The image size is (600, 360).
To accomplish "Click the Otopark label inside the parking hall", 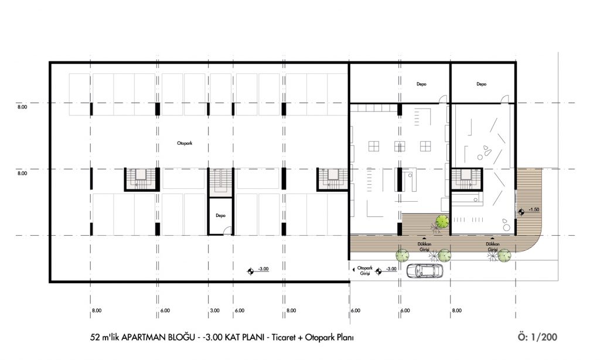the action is pyautogui.click(x=185, y=143).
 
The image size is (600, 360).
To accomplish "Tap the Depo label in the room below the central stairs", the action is pyautogui.click(x=220, y=216).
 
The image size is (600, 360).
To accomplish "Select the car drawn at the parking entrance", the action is pyautogui.click(x=425, y=271).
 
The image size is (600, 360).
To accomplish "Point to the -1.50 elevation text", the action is pyautogui.click(x=534, y=209).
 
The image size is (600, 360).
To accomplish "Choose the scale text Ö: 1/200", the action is pyautogui.click(x=537, y=337).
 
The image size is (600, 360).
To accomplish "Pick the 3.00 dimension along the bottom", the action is pyautogui.click(x=214, y=311).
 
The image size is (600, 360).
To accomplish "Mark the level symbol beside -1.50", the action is pyautogui.click(x=521, y=210).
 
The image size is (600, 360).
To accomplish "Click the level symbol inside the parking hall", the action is pyautogui.click(x=250, y=271).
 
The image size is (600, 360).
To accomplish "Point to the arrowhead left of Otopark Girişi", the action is pyautogui.click(x=353, y=270).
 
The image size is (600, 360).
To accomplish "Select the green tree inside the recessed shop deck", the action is pyautogui.click(x=442, y=221).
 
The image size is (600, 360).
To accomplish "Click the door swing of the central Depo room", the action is pyautogui.click(x=228, y=230).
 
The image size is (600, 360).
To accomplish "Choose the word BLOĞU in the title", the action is pyautogui.click(x=182, y=337).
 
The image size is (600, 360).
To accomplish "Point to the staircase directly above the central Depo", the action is pyautogui.click(x=220, y=183).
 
